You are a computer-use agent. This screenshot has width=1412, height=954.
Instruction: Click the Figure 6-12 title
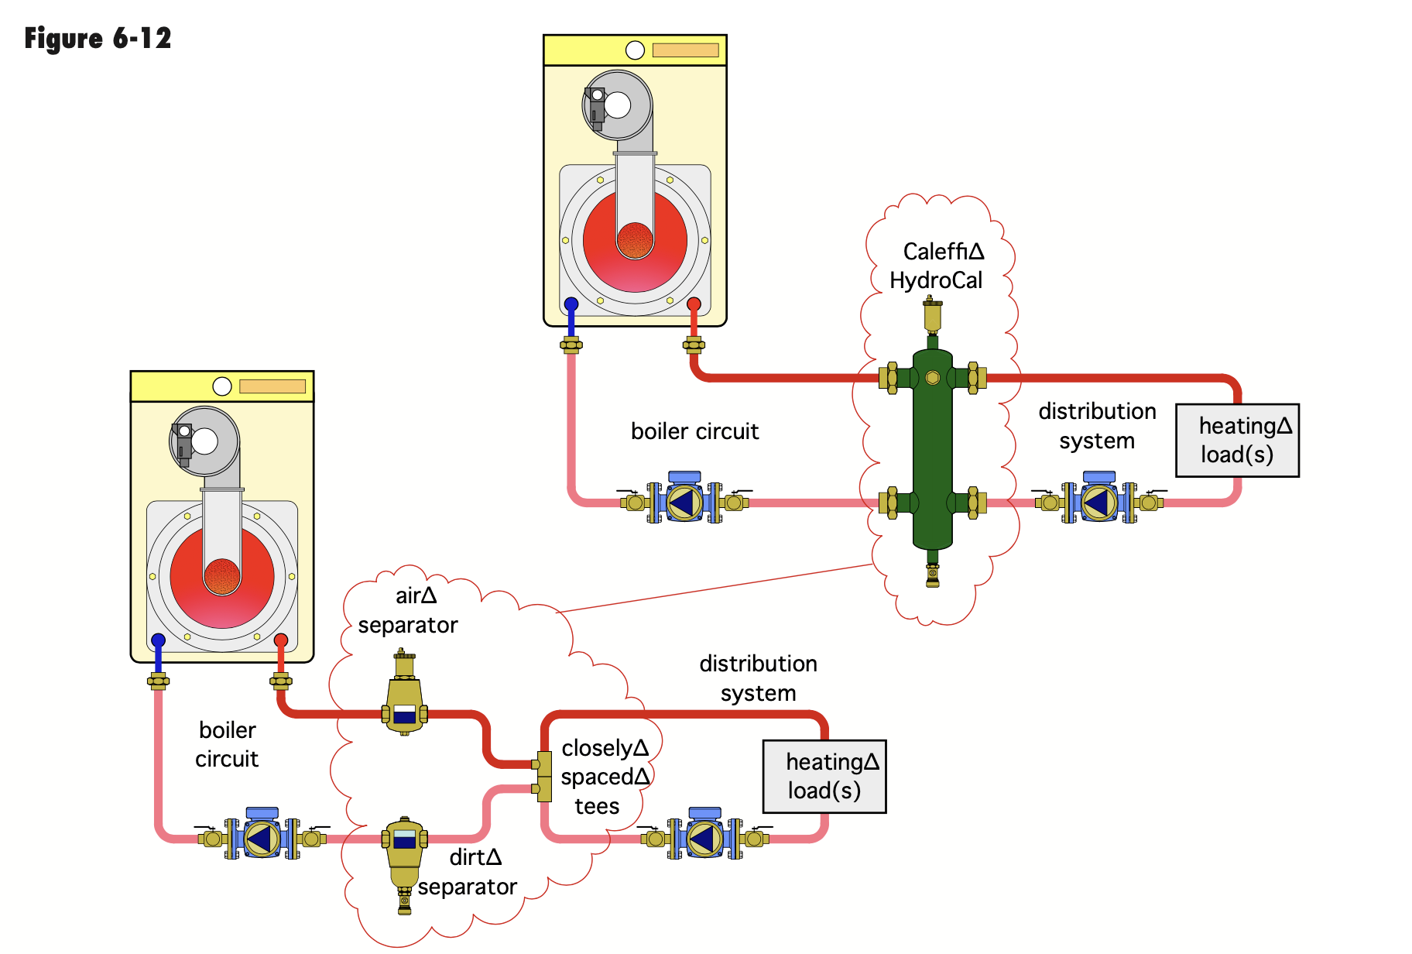tap(98, 38)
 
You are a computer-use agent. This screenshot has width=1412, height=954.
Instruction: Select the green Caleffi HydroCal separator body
tap(932, 449)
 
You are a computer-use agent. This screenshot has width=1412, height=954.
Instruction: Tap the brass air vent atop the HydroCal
tap(932, 314)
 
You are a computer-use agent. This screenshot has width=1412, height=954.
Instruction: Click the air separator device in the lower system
tap(404, 697)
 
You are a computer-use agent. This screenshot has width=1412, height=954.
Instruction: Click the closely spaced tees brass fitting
tap(544, 776)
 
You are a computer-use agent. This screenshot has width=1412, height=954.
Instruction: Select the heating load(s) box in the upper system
tap(1237, 440)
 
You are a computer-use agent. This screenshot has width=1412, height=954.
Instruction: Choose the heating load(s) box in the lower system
tap(824, 776)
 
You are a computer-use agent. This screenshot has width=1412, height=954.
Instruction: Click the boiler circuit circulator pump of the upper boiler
tap(684, 502)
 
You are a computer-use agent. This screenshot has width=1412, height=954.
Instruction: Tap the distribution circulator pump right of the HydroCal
tap(1098, 502)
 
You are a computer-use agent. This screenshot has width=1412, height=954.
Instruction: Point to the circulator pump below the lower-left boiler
tap(262, 838)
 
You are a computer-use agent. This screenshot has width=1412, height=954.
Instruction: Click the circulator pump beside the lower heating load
tap(704, 838)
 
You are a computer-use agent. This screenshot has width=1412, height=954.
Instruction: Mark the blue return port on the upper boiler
tap(571, 304)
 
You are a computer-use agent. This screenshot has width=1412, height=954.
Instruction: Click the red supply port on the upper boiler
tap(694, 304)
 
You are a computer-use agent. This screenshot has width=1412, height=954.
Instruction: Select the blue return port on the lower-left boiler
tap(158, 640)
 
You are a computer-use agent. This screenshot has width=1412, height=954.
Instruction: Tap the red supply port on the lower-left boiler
tap(281, 640)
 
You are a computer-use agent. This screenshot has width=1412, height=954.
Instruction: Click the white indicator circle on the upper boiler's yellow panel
tap(635, 50)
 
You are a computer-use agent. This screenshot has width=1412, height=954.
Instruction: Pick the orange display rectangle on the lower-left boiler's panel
tap(272, 386)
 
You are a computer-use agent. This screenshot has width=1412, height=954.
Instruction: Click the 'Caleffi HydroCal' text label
tap(938, 266)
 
